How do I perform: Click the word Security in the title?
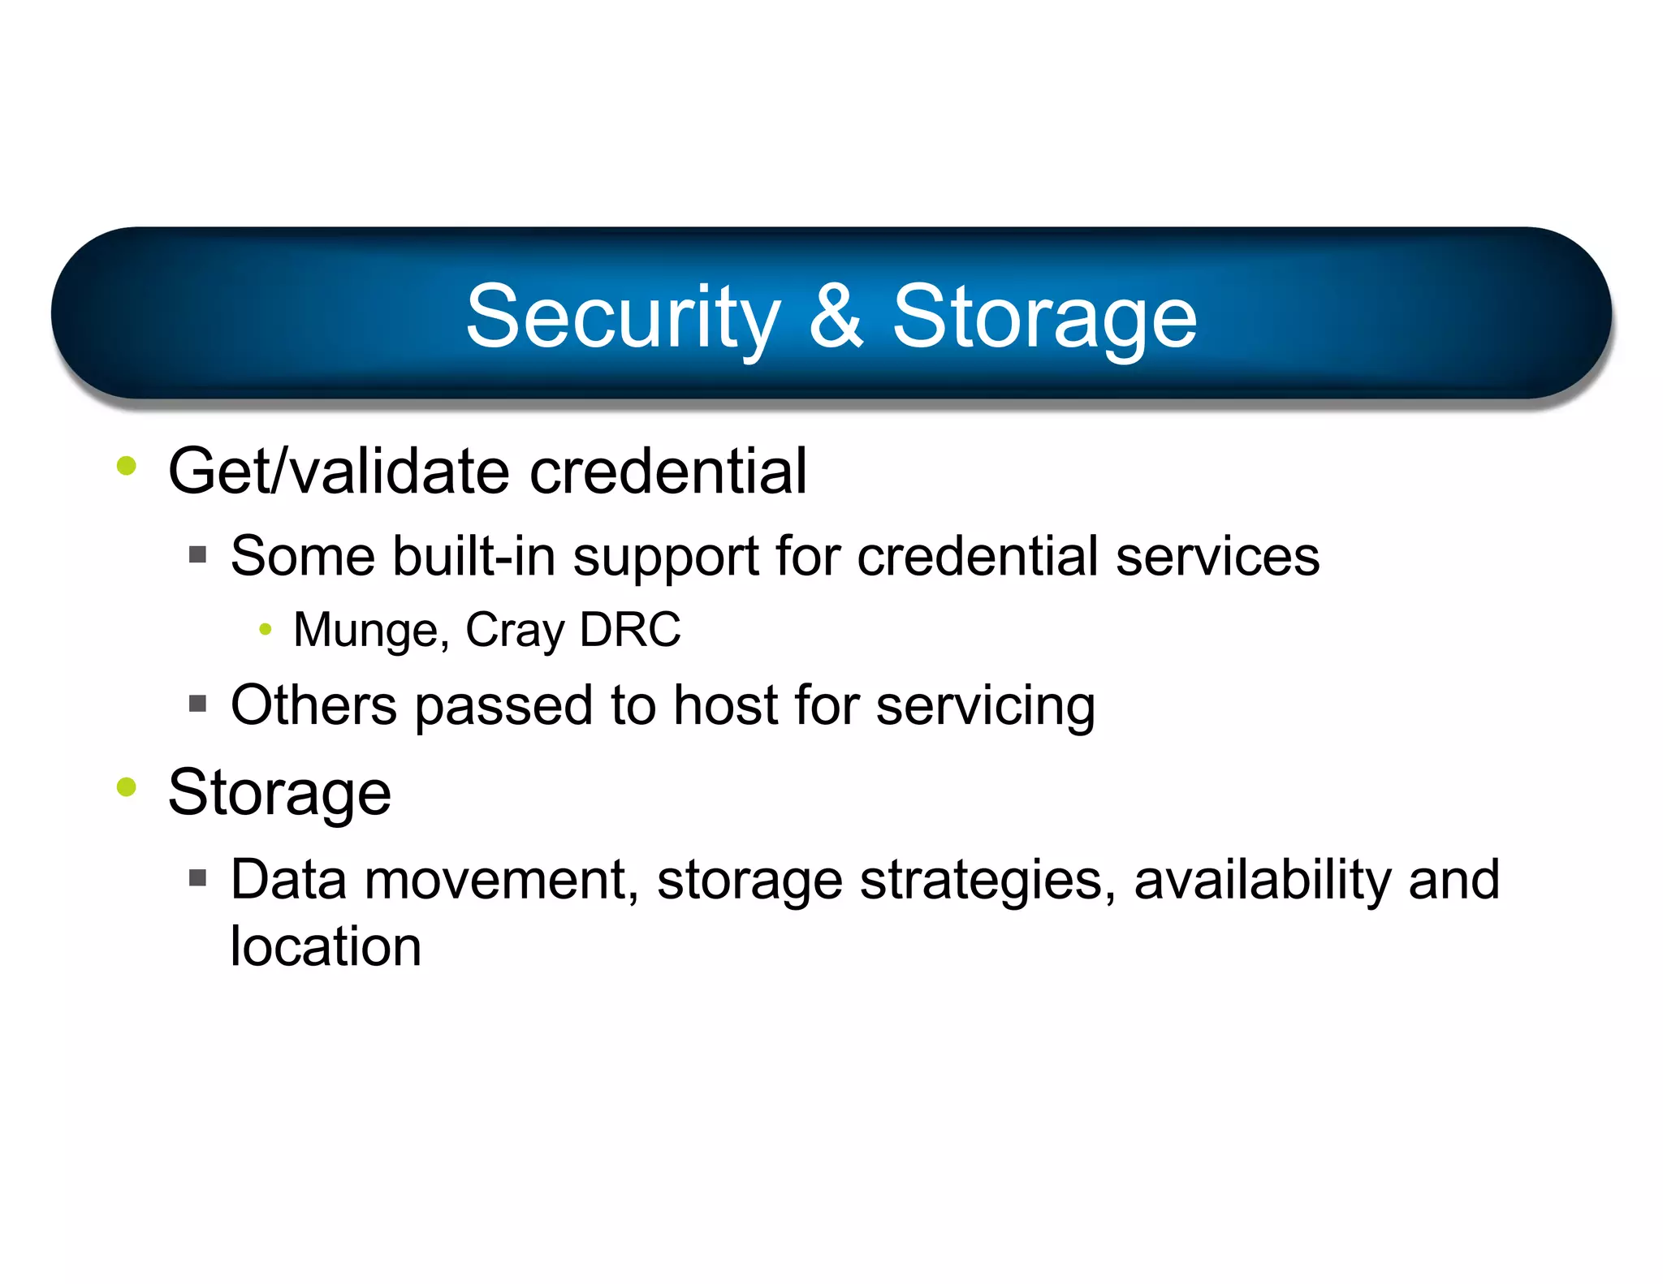tap(623, 318)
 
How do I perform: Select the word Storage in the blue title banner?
tap(1044, 318)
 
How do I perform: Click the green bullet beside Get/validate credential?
tap(127, 466)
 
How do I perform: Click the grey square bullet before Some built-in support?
tap(197, 555)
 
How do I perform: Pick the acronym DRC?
tap(631, 629)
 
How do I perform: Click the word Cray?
tap(515, 631)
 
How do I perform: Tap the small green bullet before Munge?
tap(265, 629)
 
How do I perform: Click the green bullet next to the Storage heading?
tap(127, 786)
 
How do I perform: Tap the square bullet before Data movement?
tap(197, 877)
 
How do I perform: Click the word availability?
tap(1263, 881)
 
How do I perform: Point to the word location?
tap(326, 946)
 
